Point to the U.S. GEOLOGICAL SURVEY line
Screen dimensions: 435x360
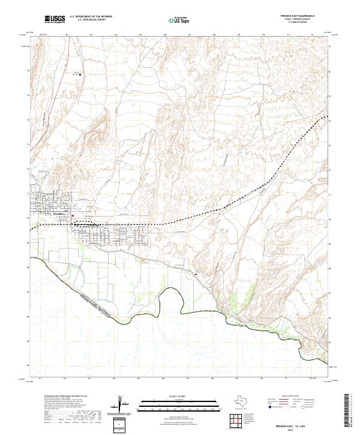[x=91, y=20]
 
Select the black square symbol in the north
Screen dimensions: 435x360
[x=81, y=74]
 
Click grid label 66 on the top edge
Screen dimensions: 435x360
[x=165, y=35]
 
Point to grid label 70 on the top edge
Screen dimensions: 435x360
[x=263, y=35]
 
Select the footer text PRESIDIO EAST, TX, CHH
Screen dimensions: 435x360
[x=293, y=424]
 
